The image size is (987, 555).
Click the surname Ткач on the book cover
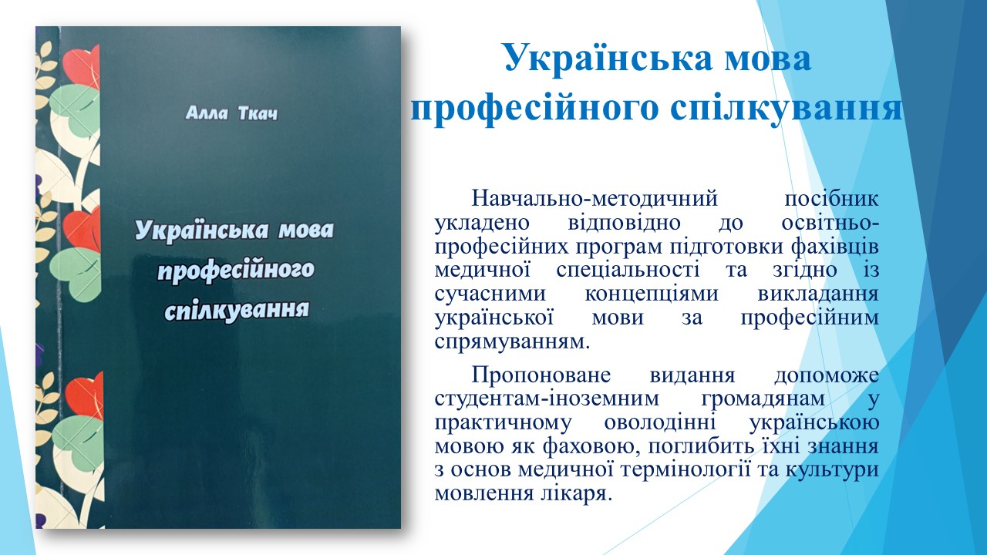[x=258, y=113]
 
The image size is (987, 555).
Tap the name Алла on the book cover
[x=207, y=113]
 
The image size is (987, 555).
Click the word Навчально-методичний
[x=595, y=199]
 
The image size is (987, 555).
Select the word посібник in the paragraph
[x=831, y=199]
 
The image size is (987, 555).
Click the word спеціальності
[x=628, y=271]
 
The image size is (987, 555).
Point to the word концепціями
[x=652, y=294]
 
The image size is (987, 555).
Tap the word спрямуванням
[x=512, y=341]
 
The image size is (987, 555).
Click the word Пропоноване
[x=541, y=375]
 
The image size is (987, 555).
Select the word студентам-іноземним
[x=547, y=399]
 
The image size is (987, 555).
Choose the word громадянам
[x=763, y=399]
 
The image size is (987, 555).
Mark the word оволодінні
[x=659, y=423]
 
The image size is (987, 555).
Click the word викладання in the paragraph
[x=818, y=294]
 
